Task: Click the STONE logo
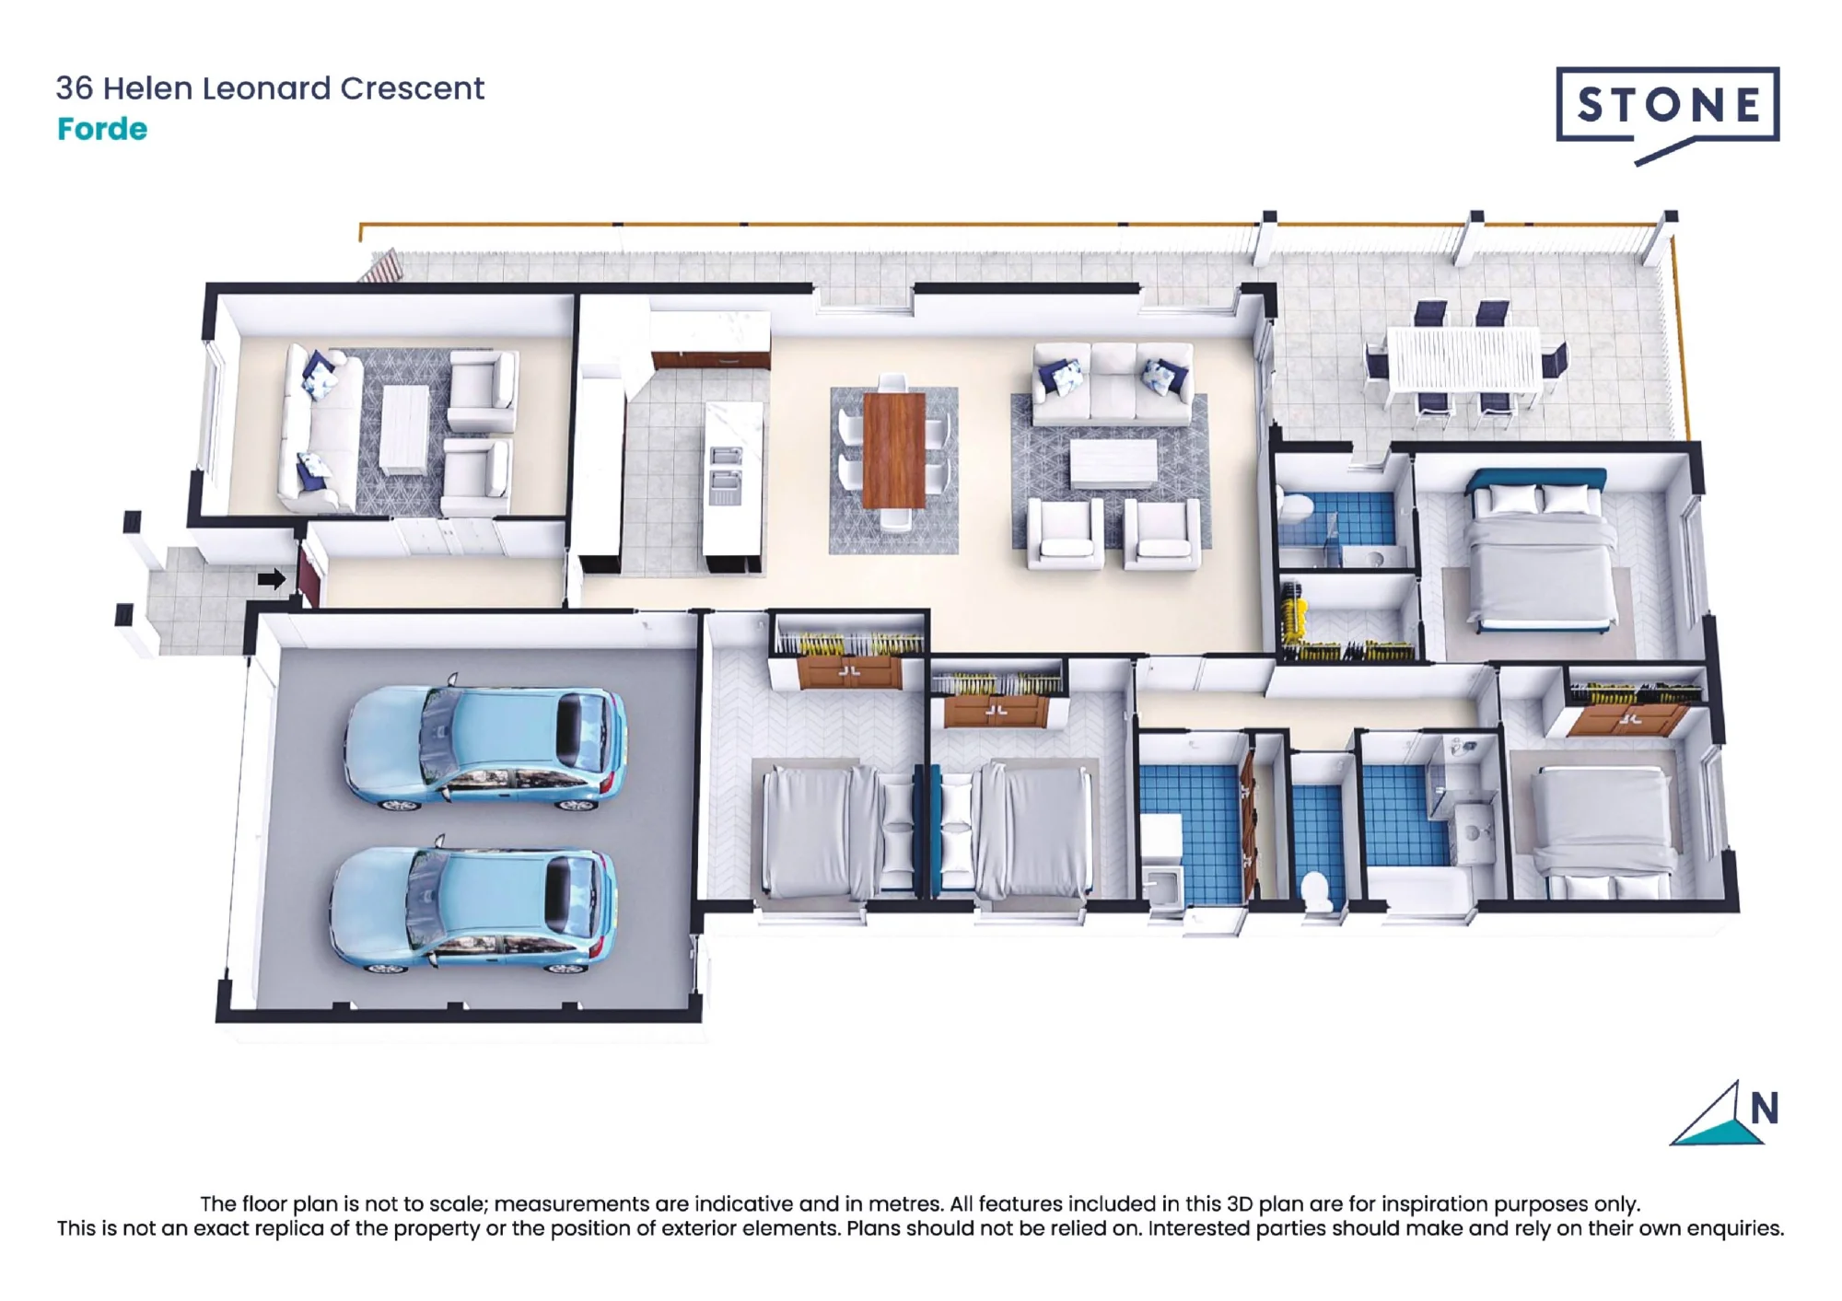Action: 1667,110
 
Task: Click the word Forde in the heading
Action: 102,129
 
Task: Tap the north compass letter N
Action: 1764,1109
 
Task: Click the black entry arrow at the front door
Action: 272,578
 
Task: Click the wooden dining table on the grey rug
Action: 894,448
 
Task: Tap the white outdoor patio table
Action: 1463,359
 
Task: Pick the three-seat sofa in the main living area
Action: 1113,384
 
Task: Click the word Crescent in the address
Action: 413,88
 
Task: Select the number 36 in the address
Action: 75,88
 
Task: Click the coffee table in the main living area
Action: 1113,463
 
